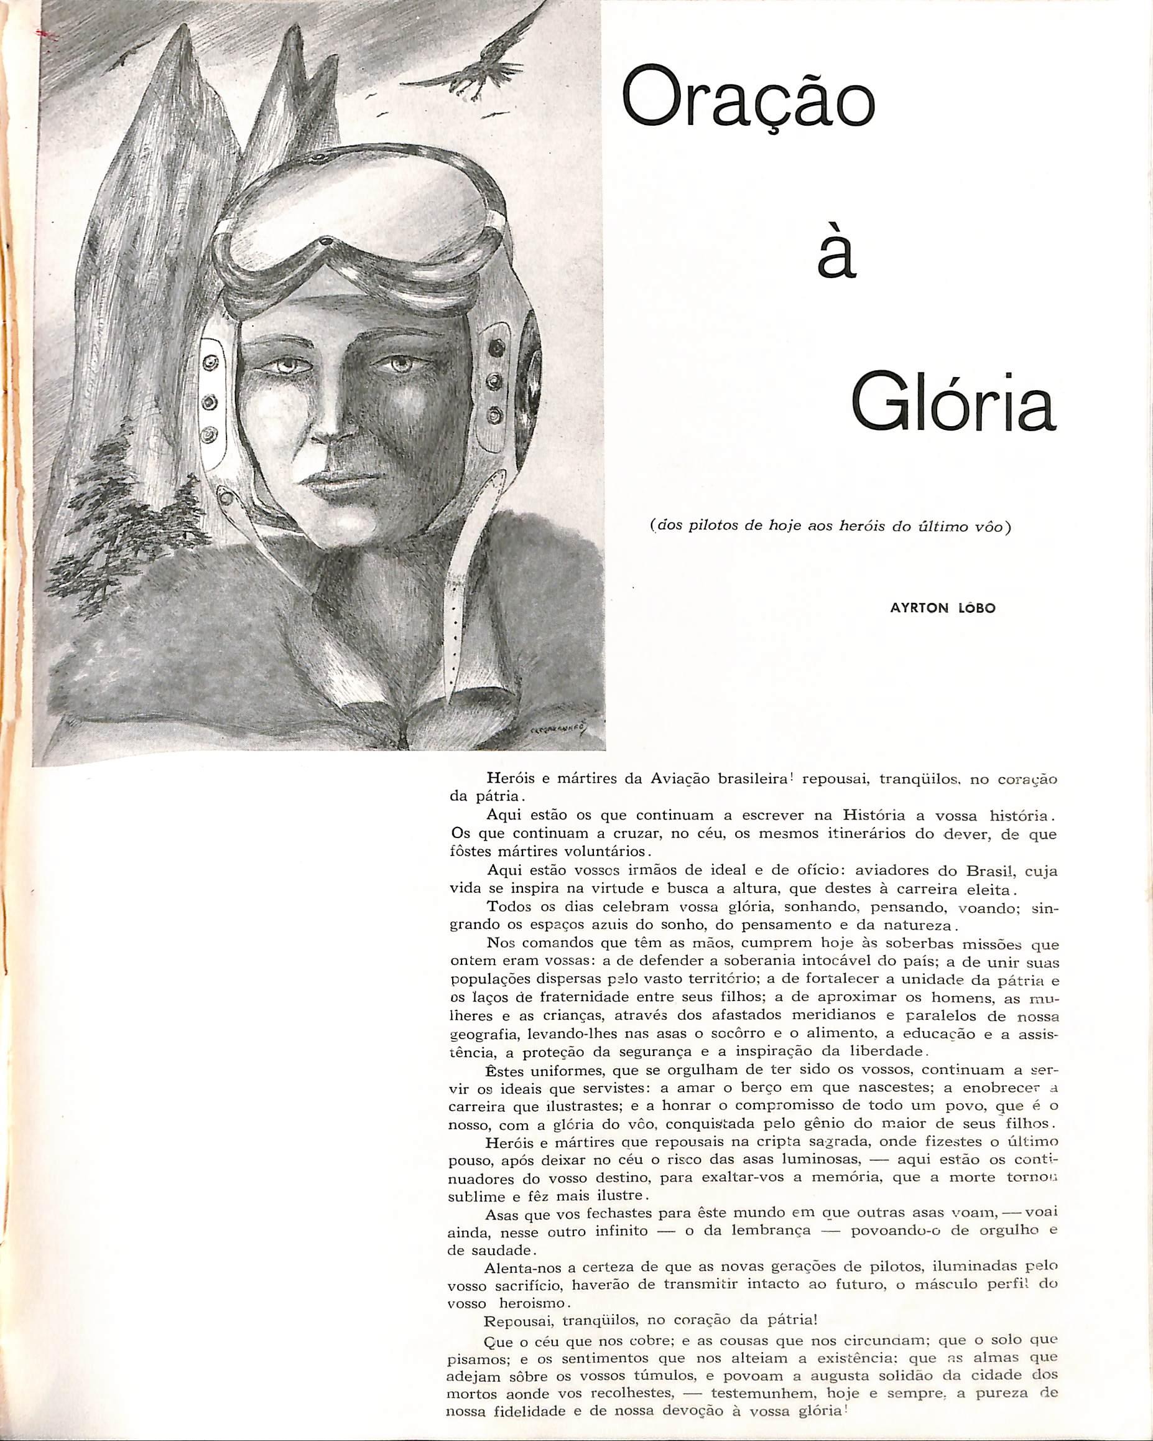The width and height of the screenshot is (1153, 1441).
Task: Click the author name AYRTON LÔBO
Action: coord(943,609)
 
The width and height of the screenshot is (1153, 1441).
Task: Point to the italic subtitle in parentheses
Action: coord(830,526)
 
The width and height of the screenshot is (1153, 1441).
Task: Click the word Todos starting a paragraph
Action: coord(507,907)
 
